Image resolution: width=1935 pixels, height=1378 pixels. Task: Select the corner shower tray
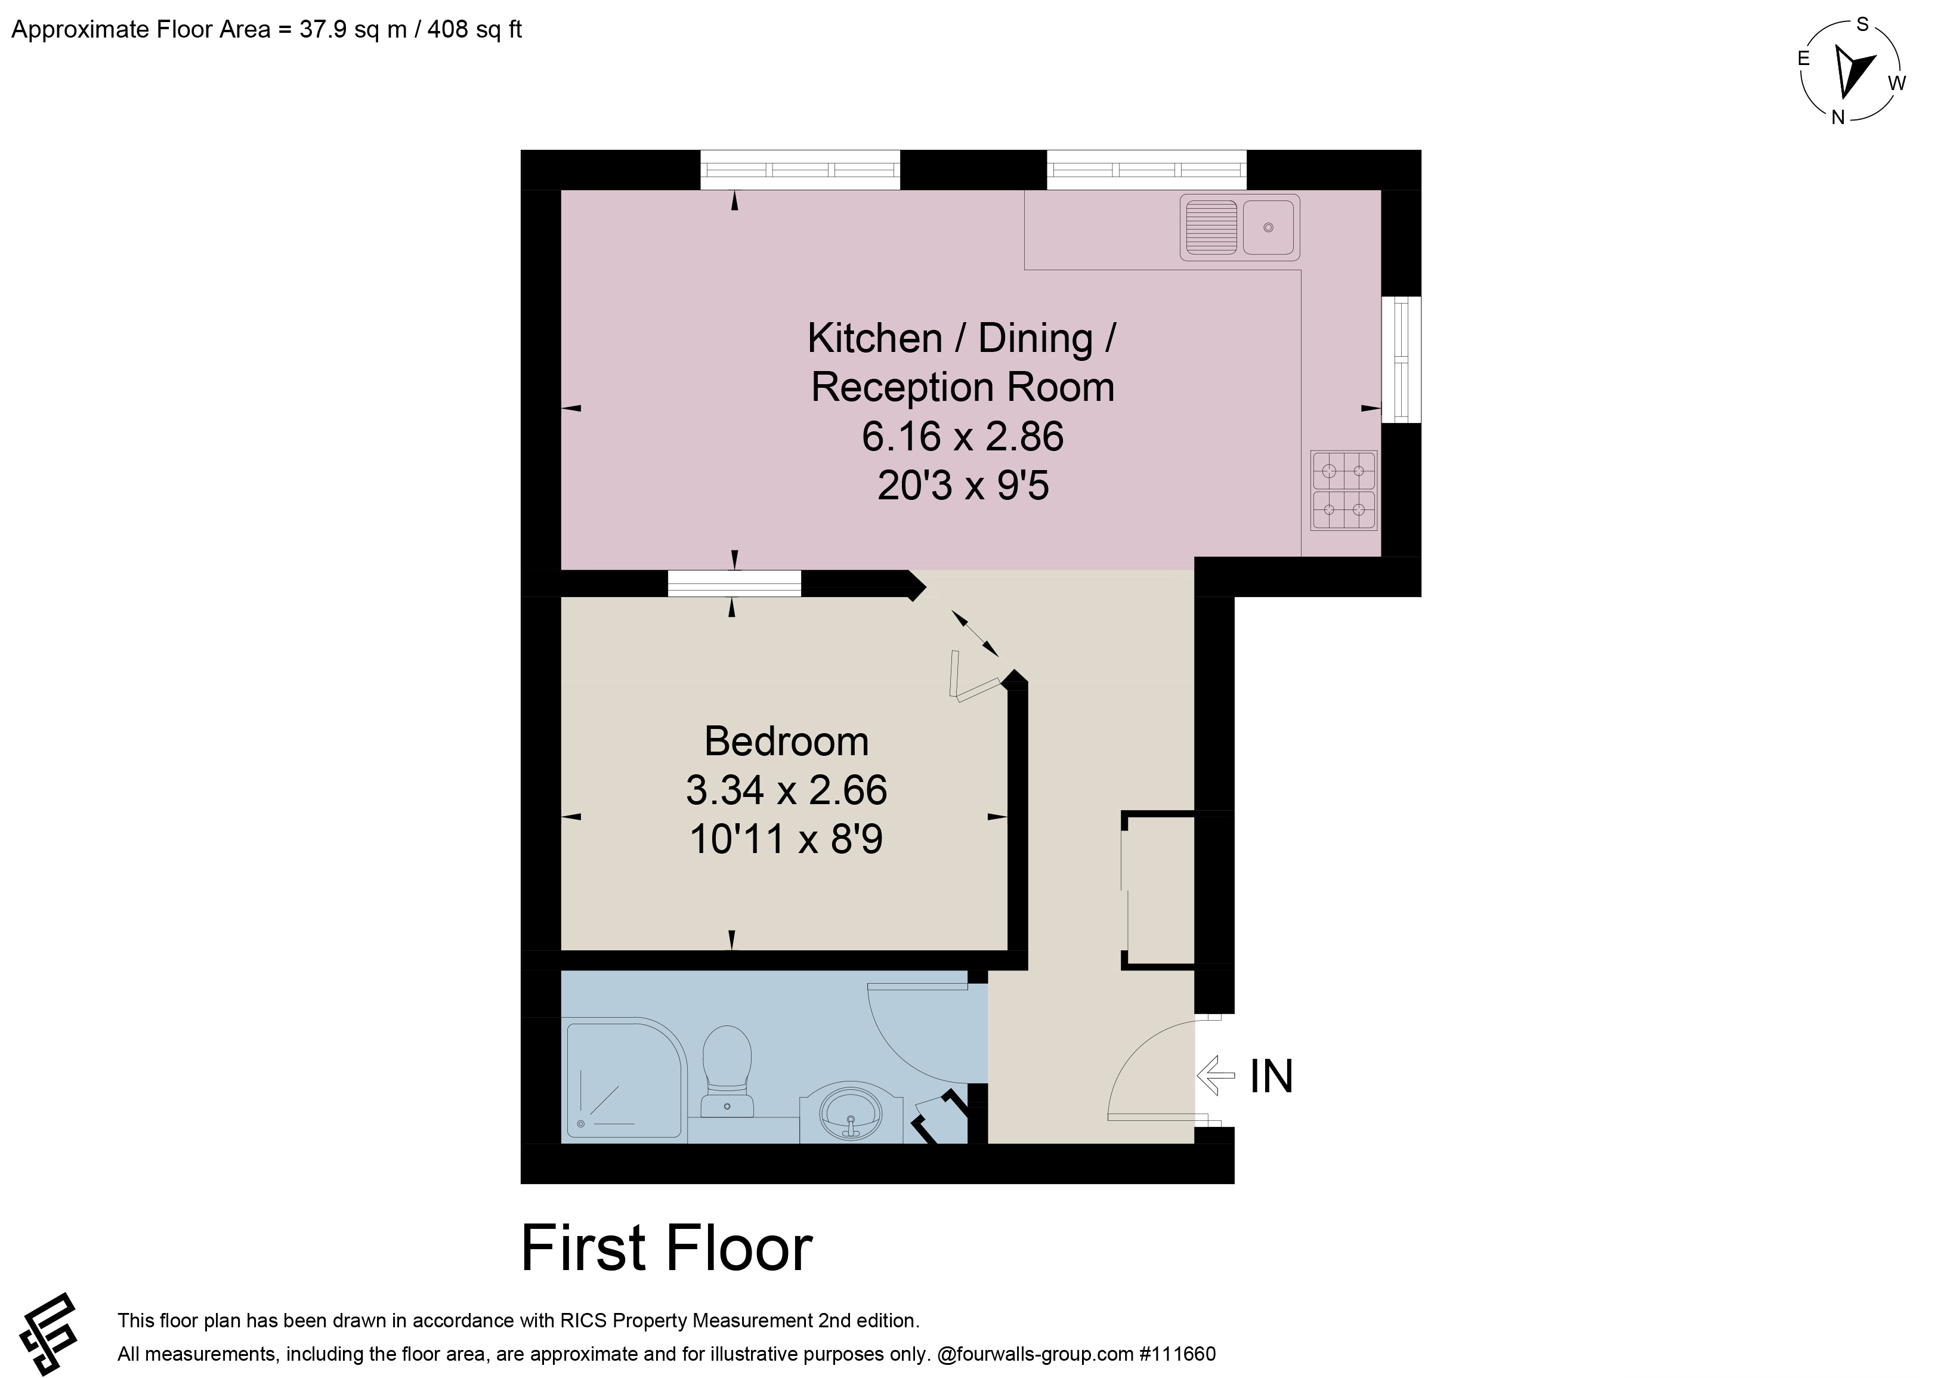point(625,1083)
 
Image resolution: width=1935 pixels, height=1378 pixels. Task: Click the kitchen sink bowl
point(1268,227)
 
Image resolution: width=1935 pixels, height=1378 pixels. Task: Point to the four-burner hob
point(1344,490)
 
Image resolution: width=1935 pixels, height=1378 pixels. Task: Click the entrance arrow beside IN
point(1216,1076)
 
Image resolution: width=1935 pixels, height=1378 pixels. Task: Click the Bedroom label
point(786,741)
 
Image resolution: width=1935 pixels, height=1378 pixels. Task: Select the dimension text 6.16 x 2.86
point(963,436)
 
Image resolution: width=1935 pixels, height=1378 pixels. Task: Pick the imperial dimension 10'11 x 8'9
point(786,839)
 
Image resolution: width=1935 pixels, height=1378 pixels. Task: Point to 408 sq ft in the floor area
point(474,30)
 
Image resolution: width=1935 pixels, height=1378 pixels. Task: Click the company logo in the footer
point(49,1334)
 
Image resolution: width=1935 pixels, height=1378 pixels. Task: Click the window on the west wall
point(1401,359)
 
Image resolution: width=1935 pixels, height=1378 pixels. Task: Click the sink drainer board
point(1210,227)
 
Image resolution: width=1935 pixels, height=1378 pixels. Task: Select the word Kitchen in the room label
point(874,338)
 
